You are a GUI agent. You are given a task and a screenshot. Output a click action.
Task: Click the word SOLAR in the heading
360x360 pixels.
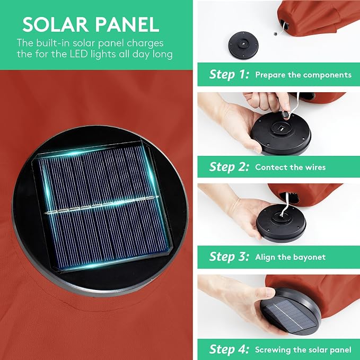point(55,24)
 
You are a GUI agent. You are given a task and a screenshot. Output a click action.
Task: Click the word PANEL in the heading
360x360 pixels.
point(127,24)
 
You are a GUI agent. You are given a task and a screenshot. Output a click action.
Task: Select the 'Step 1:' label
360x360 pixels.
point(229,75)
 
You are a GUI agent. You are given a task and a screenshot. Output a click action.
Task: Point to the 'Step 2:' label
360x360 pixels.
point(229,167)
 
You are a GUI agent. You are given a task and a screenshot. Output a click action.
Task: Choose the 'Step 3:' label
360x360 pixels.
point(229,257)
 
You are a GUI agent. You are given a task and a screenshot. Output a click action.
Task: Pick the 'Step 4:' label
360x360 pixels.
point(229,349)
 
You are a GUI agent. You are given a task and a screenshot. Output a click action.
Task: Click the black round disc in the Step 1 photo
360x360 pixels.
point(243,45)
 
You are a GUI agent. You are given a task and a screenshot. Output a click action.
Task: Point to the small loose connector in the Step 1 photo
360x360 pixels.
point(275,34)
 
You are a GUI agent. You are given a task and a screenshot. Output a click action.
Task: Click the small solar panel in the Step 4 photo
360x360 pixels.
point(290,315)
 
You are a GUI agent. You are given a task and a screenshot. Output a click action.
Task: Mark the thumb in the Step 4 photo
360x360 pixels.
point(265,295)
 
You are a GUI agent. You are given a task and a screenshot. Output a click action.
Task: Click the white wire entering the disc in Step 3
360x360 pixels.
point(284,204)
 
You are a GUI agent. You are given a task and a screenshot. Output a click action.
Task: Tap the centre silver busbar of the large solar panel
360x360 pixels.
point(101,204)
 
